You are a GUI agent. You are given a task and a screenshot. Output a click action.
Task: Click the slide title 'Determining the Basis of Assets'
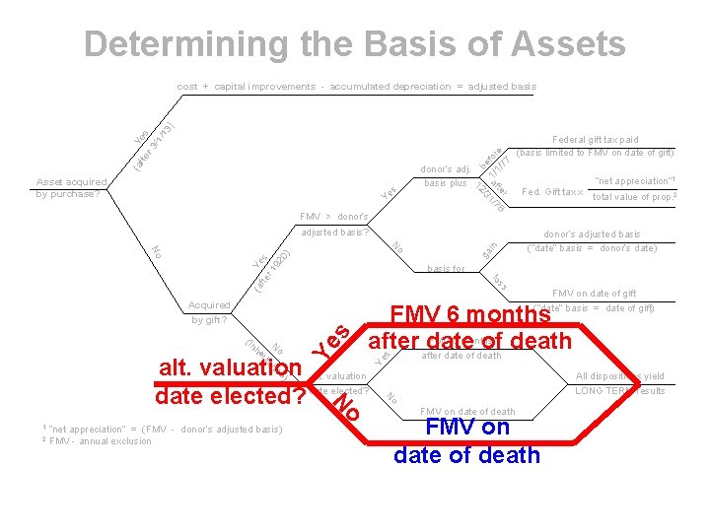click(354, 44)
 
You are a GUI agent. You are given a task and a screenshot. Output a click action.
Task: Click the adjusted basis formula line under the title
click(356, 87)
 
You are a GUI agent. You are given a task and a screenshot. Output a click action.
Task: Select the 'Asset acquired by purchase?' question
click(68, 187)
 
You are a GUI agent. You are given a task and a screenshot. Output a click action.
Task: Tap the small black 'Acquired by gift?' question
click(209, 312)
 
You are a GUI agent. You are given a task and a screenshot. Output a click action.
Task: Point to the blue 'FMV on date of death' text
click(466, 441)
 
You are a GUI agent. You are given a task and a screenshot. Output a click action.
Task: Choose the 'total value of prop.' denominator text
click(633, 197)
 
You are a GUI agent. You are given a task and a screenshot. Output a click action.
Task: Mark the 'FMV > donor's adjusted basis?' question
click(334, 225)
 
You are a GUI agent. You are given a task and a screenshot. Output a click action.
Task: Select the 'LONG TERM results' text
click(621, 391)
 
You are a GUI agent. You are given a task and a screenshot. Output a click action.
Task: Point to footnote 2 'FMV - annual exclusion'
click(98, 441)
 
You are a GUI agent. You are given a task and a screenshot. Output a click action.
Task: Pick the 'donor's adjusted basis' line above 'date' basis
click(593, 234)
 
